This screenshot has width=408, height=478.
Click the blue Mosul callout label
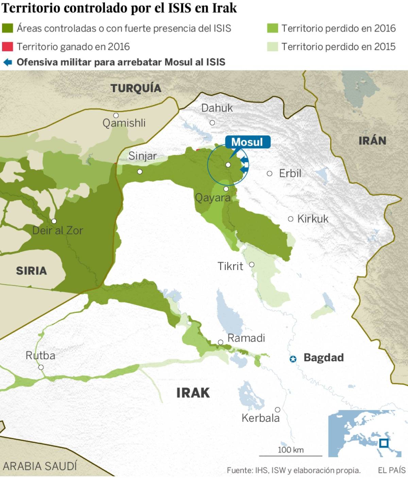(x=248, y=142)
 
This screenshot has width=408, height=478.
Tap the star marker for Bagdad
(x=293, y=359)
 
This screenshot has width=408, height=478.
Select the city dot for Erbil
(x=270, y=174)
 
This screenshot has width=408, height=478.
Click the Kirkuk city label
(x=313, y=219)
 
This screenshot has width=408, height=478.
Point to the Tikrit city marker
(x=252, y=265)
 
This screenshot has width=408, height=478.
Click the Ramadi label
(x=246, y=338)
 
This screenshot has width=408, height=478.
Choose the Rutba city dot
(x=41, y=367)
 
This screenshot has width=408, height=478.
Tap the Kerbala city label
(x=260, y=418)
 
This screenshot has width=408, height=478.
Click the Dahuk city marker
(x=213, y=123)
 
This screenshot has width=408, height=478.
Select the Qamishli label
(x=124, y=123)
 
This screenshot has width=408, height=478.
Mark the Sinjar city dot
(x=140, y=172)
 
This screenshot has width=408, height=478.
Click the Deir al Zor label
(x=57, y=230)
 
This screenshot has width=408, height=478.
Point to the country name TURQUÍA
(x=136, y=88)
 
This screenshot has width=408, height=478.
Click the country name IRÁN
(x=372, y=141)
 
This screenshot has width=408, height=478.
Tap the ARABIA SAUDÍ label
(x=40, y=466)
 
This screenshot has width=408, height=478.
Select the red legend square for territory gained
(x=7, y=47)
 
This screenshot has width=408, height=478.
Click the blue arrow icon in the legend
(x=7, y=62)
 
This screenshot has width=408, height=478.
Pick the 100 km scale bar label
(x=291, y=450)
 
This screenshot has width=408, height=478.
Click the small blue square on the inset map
(x=384, y=443)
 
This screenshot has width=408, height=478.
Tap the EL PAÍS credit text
(x=392, y=470)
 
